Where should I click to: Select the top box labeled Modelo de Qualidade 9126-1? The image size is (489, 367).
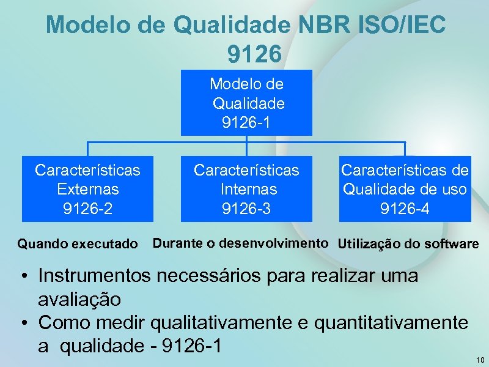pyautogui.click(x=246, y=102)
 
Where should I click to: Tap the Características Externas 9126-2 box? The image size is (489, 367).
pyautogui.click(x=87, y=188)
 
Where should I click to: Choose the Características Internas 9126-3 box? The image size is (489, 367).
pyautogui.click(x=246, y=188)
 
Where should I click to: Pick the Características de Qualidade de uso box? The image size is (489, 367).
pyautogui.click(x=405, y=188)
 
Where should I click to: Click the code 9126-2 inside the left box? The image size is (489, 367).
pyautogui.click(x=87, y=209)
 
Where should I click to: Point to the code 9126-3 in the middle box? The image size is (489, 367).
pyautogui.click(x=246, y=209)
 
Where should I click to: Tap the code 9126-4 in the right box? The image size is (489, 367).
pyautogui.click(x=405, y=209)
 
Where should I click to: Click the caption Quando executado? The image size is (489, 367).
pyautogui.click(x=78, y=245)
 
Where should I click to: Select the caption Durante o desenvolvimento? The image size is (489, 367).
pyautogui.click(x=240, y=243)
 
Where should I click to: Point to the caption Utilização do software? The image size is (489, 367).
pyautogui.click(x=408, y=245)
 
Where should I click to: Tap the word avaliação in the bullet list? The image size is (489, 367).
pyautogui.click(x=79, y=300)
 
